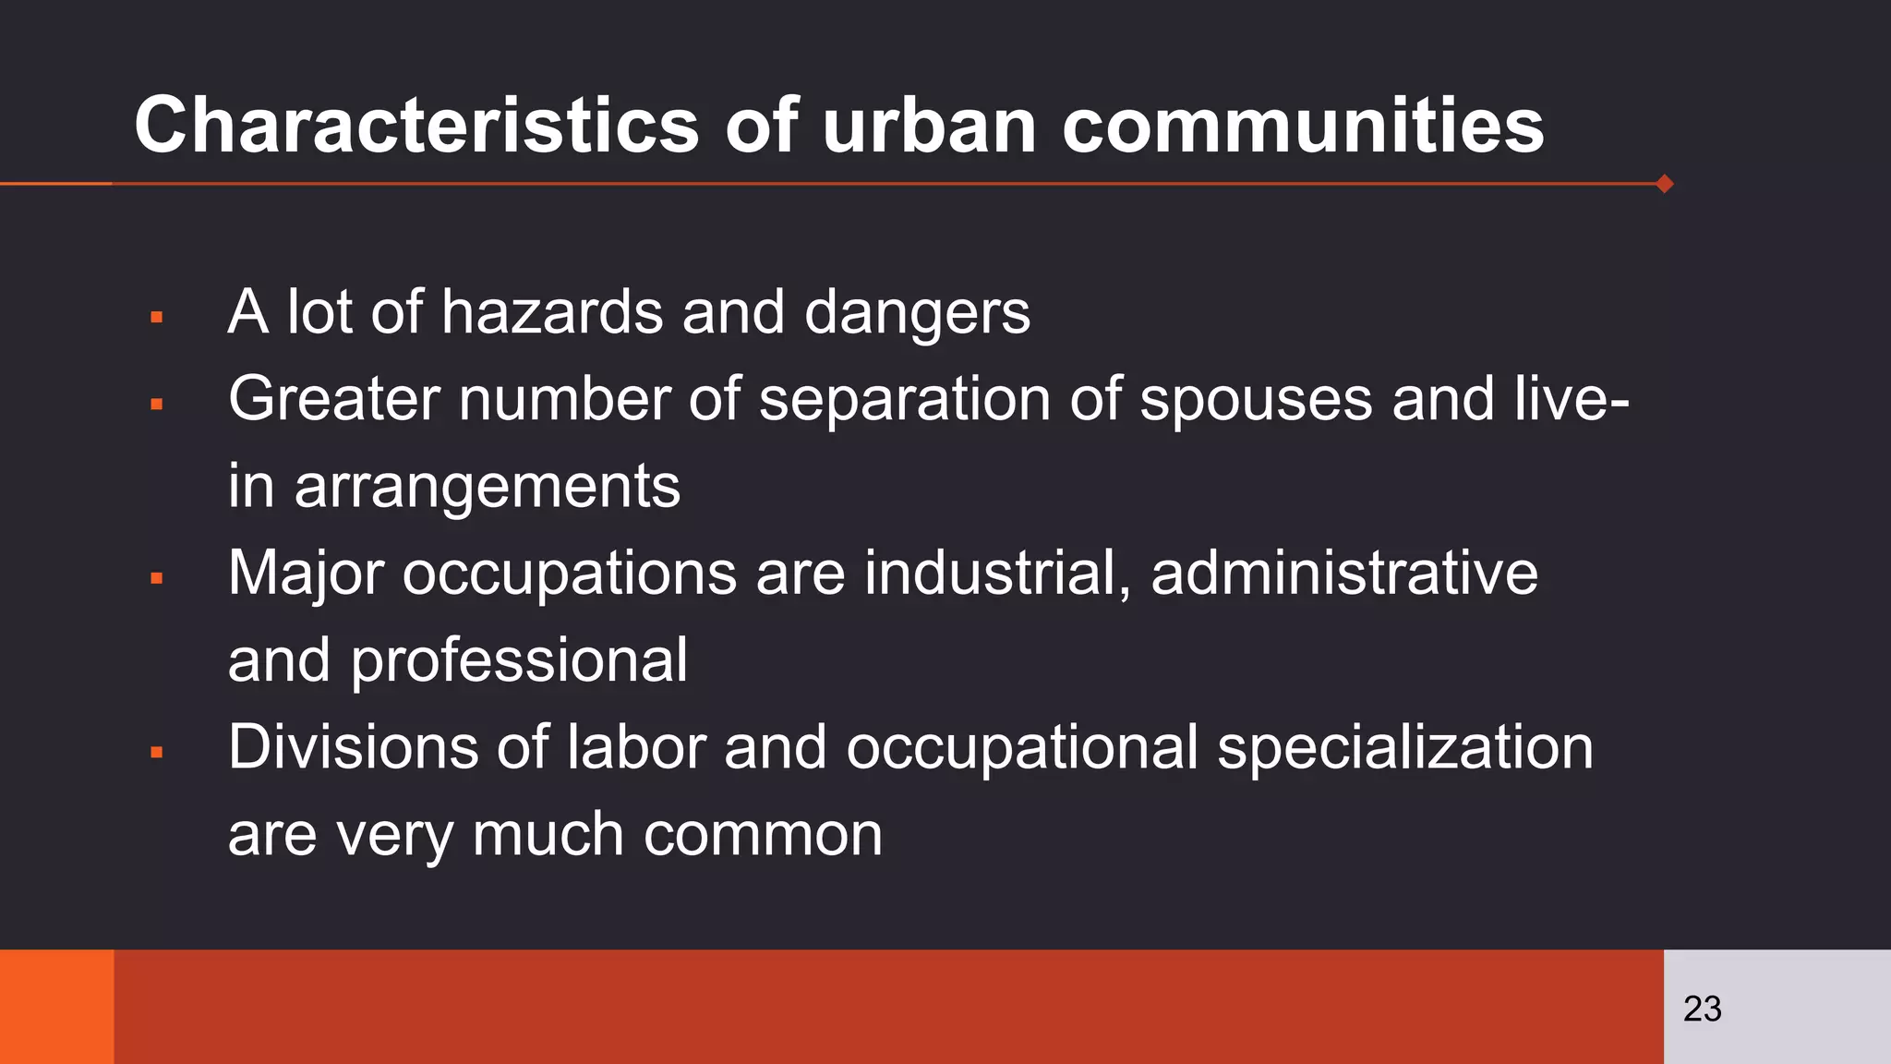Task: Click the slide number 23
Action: [1702, 1009]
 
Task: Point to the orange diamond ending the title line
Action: [1665, 184]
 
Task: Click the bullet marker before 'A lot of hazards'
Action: [156, 318]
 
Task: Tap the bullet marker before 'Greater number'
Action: [156, 405]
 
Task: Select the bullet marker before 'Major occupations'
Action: [156, 579]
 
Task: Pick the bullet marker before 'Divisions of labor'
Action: [156, 753]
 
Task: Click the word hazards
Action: [551, 312]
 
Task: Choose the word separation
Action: [904, 401]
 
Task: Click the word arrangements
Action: [487, 488]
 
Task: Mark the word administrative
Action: [1344, 573]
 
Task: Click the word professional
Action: [519, 661]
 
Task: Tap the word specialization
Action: [1405, 748]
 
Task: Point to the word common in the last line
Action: [763, 835]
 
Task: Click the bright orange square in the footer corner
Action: [56, 1007]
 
